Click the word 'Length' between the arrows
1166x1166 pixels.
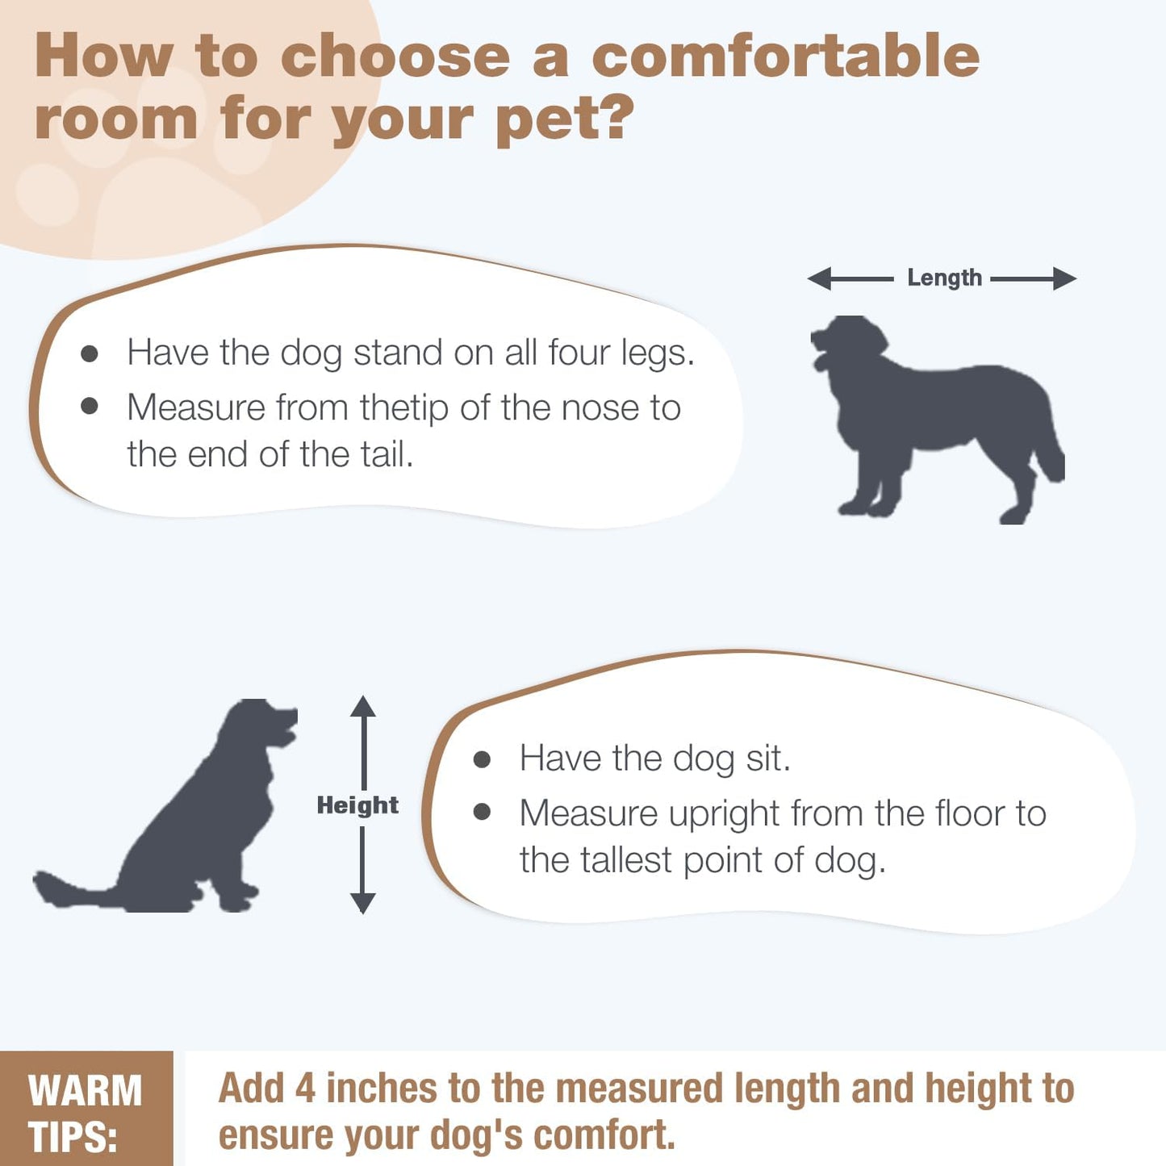click(944, 278)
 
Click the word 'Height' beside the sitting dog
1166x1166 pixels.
click(357, 805)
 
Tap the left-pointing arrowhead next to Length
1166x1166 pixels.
click(819, 279)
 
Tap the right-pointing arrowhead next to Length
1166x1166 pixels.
click(1065, 279)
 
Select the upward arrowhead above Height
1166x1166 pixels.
click(363, 707)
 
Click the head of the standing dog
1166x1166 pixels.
click(847, 344)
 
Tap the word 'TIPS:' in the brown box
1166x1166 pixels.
click(73, 1136)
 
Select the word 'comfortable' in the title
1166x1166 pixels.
click(785, 56)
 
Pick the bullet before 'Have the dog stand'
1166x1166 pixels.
click(90, 354)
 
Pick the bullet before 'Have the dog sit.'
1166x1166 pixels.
click(483, 759)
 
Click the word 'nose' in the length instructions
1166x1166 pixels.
click(599, 407)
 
